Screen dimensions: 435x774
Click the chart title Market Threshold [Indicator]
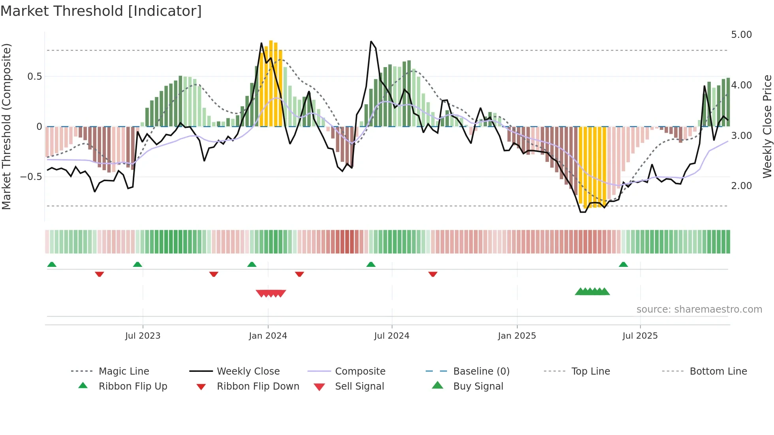coord(101,11)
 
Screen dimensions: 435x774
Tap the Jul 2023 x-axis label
coord(143,336)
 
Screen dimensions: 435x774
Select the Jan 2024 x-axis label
coord(268,336)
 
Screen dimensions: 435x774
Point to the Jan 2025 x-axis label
coord(517,336)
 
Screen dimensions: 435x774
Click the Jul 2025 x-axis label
coord(640,336)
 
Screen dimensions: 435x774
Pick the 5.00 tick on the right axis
coord(741,35)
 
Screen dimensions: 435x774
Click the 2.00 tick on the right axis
coord(741,186)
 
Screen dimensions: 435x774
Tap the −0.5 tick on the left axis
coord(31,176)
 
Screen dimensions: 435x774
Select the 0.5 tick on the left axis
coord(34,77)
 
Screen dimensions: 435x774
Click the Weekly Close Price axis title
coord(767,126)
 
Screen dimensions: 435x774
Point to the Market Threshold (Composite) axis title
coord(6,126)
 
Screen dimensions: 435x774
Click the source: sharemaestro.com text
coord(699,309)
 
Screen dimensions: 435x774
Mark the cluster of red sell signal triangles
coord(271,293)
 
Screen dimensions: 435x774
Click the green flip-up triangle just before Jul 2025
coord(623,264)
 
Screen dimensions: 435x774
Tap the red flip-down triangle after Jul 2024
coord(433,274)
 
